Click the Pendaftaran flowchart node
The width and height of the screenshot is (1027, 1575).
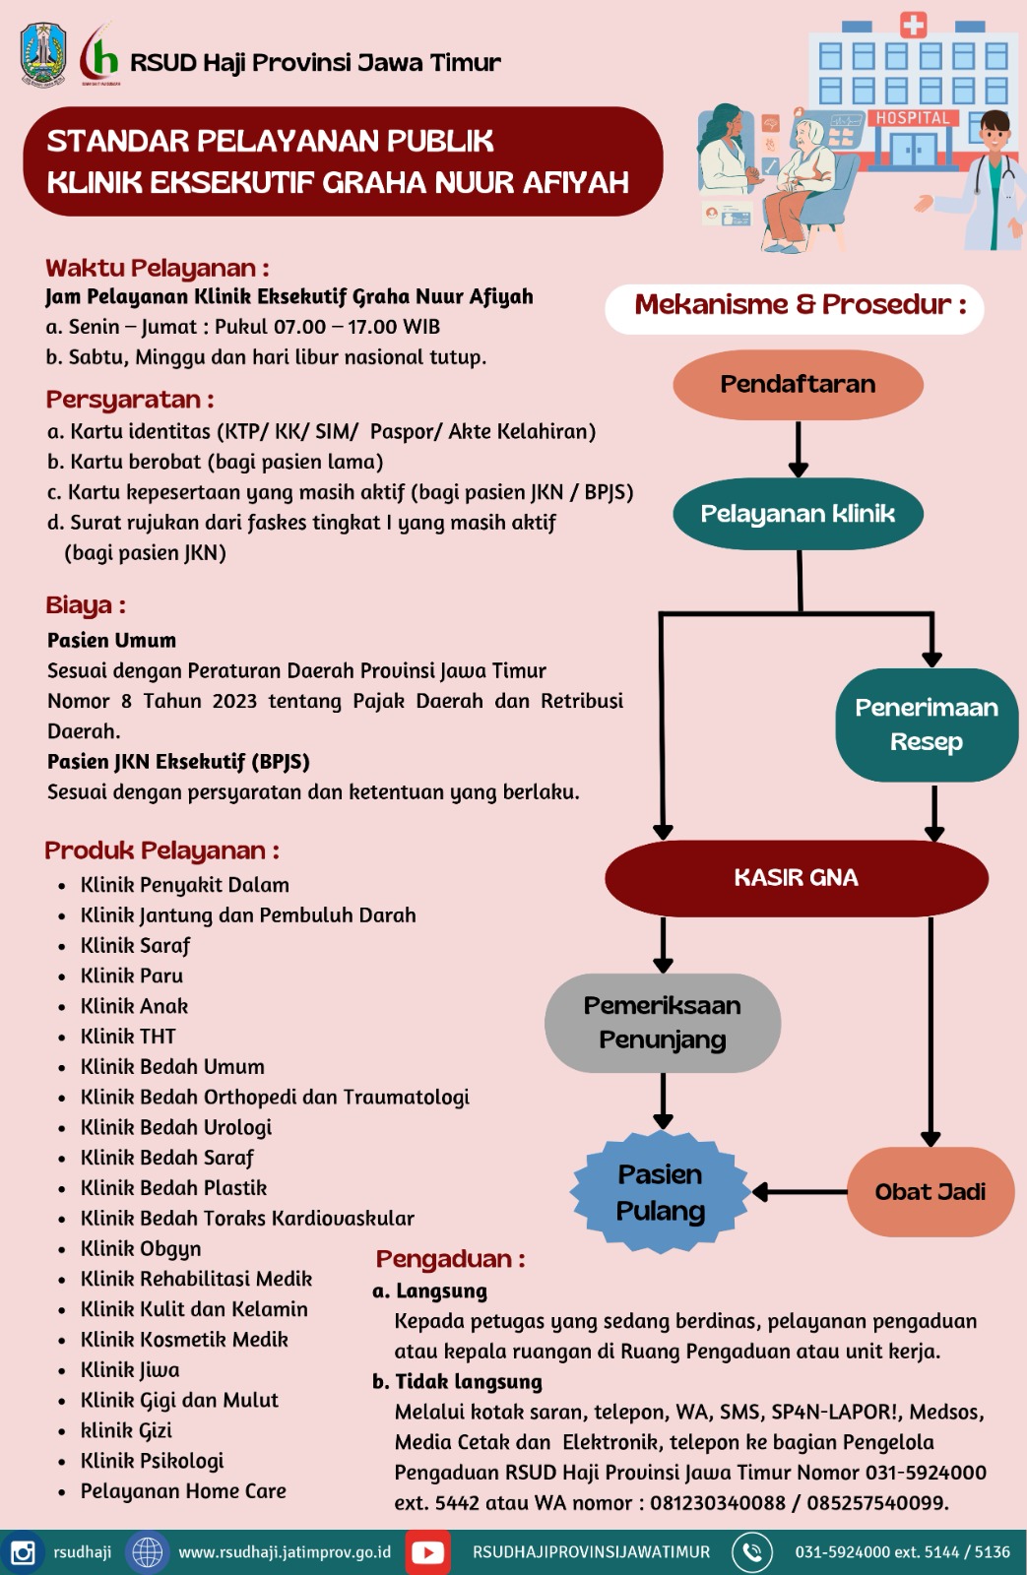798,385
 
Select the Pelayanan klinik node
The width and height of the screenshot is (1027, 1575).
798,514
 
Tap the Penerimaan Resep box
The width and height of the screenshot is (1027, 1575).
927,724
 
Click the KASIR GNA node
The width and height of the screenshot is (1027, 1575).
797,877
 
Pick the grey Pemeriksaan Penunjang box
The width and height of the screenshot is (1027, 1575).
662,1023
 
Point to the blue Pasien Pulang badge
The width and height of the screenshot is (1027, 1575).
660,1192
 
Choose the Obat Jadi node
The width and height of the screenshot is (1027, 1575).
930,1192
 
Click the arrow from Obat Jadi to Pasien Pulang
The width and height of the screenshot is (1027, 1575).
800,1192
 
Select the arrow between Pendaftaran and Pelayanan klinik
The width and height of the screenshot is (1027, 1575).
798,449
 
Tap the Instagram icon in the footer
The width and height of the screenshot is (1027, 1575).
23,1551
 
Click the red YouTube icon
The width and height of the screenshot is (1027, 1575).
427,1551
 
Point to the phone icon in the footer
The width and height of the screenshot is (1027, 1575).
752,1551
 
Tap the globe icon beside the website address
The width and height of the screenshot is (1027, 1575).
147,1551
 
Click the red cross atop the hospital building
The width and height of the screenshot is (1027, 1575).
913,26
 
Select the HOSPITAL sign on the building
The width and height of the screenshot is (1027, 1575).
913,117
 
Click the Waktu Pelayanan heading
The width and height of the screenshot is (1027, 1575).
157,268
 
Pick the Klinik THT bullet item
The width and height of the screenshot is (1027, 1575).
127,1036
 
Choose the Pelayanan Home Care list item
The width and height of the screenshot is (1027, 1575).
183,1490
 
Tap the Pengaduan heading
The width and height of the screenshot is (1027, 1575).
450,1259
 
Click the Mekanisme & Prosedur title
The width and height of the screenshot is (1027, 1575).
801,304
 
